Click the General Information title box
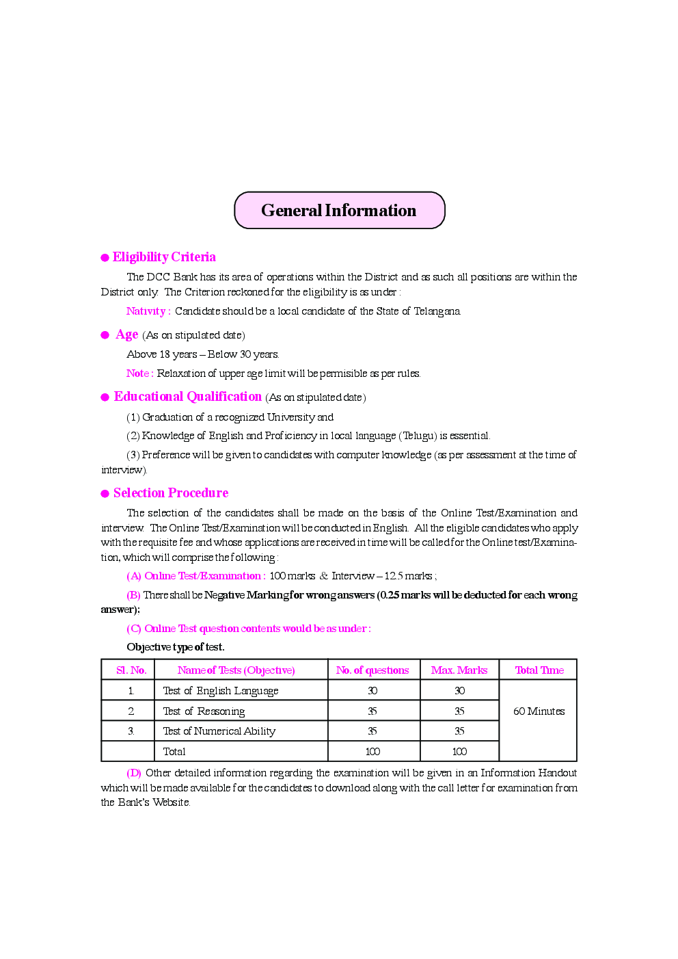(x=339, y=211)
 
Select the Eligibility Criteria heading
(x=164, y=257)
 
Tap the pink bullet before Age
(x=105, y=335)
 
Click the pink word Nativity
(x=146, y=311)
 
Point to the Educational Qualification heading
(x=187, y=397)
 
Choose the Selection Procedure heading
(x=171, y=493)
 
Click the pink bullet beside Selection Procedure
(x=105, y=494)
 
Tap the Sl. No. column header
(x=131, y=670)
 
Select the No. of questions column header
(x=372, y=670)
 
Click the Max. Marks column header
(x=459, y=670)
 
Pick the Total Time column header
(x=539, y=670)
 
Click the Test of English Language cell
(x=220, y=691)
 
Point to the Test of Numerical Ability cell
(x=219, y=731)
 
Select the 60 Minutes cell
(x=539, y=711)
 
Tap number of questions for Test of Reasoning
(x=372, y=711)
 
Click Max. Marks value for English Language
(x=459, y=691)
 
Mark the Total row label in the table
(x=174, y=752)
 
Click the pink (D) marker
(x=134, y=773)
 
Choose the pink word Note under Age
(x=138, y=373)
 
